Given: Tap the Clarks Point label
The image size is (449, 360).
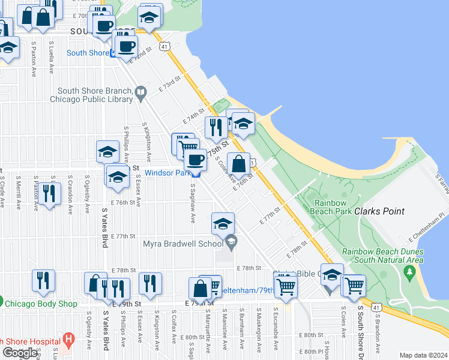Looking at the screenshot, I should pos(379,212).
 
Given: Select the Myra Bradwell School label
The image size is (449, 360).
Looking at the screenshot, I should pos(182,244).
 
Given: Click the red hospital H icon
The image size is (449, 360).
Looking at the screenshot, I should pos(69,340).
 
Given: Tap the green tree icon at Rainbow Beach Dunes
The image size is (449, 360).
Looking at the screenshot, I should pos(410,273).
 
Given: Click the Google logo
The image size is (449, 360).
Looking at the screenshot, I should pos(20,353).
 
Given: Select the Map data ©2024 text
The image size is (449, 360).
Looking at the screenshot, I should pos(423,355).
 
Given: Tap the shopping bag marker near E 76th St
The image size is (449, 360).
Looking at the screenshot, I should pos(238,164).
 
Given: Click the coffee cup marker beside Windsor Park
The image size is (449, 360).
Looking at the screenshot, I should pos(194,160).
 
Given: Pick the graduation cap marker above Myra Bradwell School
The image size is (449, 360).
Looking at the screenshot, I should pos(222,224).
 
